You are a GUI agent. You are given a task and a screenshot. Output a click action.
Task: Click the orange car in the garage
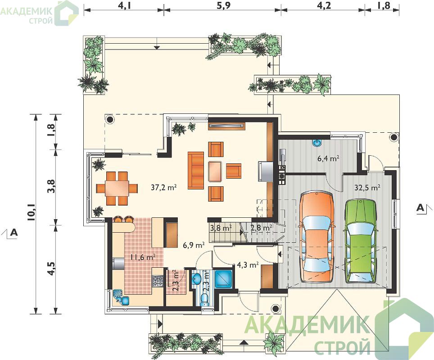pyautogui.click(x=317, y=237)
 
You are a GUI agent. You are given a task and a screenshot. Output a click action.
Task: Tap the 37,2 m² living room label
pyautogui.click(x=164, y=187)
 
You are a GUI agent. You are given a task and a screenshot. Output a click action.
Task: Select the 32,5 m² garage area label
pyautogui.click(x=367, y=188)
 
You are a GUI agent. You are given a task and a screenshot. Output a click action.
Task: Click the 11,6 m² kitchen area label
pyautogui.click(x=143, y=257)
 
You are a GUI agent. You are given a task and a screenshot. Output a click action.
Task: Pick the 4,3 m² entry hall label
pyautogui.click(x=248, y=265)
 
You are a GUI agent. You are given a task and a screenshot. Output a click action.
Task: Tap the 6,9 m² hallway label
pyautogui.click(x=194, y=245)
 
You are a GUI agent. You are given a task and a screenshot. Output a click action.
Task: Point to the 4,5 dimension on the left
pyautogui.click(x=52, y=268)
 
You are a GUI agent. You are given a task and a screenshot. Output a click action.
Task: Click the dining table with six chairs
pyautogui.click(x=117, y=189)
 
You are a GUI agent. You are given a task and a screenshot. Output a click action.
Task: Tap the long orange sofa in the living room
pyautogui.click(x=196, y=170)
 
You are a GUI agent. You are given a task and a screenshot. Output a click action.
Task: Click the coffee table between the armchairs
pyautogui.click(x=215, y=171)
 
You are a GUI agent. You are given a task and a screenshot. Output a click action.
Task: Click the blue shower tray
pyautogui.click(x=223, y=279)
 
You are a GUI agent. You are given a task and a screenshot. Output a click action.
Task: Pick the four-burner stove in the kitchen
pyautogui.click(x=158, y=281)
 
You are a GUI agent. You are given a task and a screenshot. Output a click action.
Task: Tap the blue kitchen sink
pyautogui.click(x=121, y=297)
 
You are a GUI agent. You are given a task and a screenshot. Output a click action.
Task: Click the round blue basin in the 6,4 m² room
pyautogui.click(x=317, y=143)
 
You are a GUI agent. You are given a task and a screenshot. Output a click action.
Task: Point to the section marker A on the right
pyautogui.click(x=420, y=207)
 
